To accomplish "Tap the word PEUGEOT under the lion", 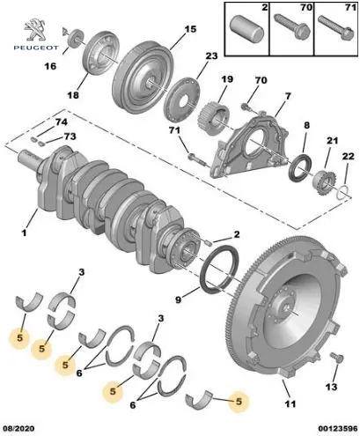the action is (36, 48).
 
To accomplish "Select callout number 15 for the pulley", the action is (190, 29).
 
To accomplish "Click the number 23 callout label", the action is (211, 55).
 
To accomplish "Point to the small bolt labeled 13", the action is (336, 358).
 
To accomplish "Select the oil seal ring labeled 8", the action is (300, 167).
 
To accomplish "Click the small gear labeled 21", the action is (326, 183).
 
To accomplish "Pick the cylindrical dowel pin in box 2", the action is (246, 30).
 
